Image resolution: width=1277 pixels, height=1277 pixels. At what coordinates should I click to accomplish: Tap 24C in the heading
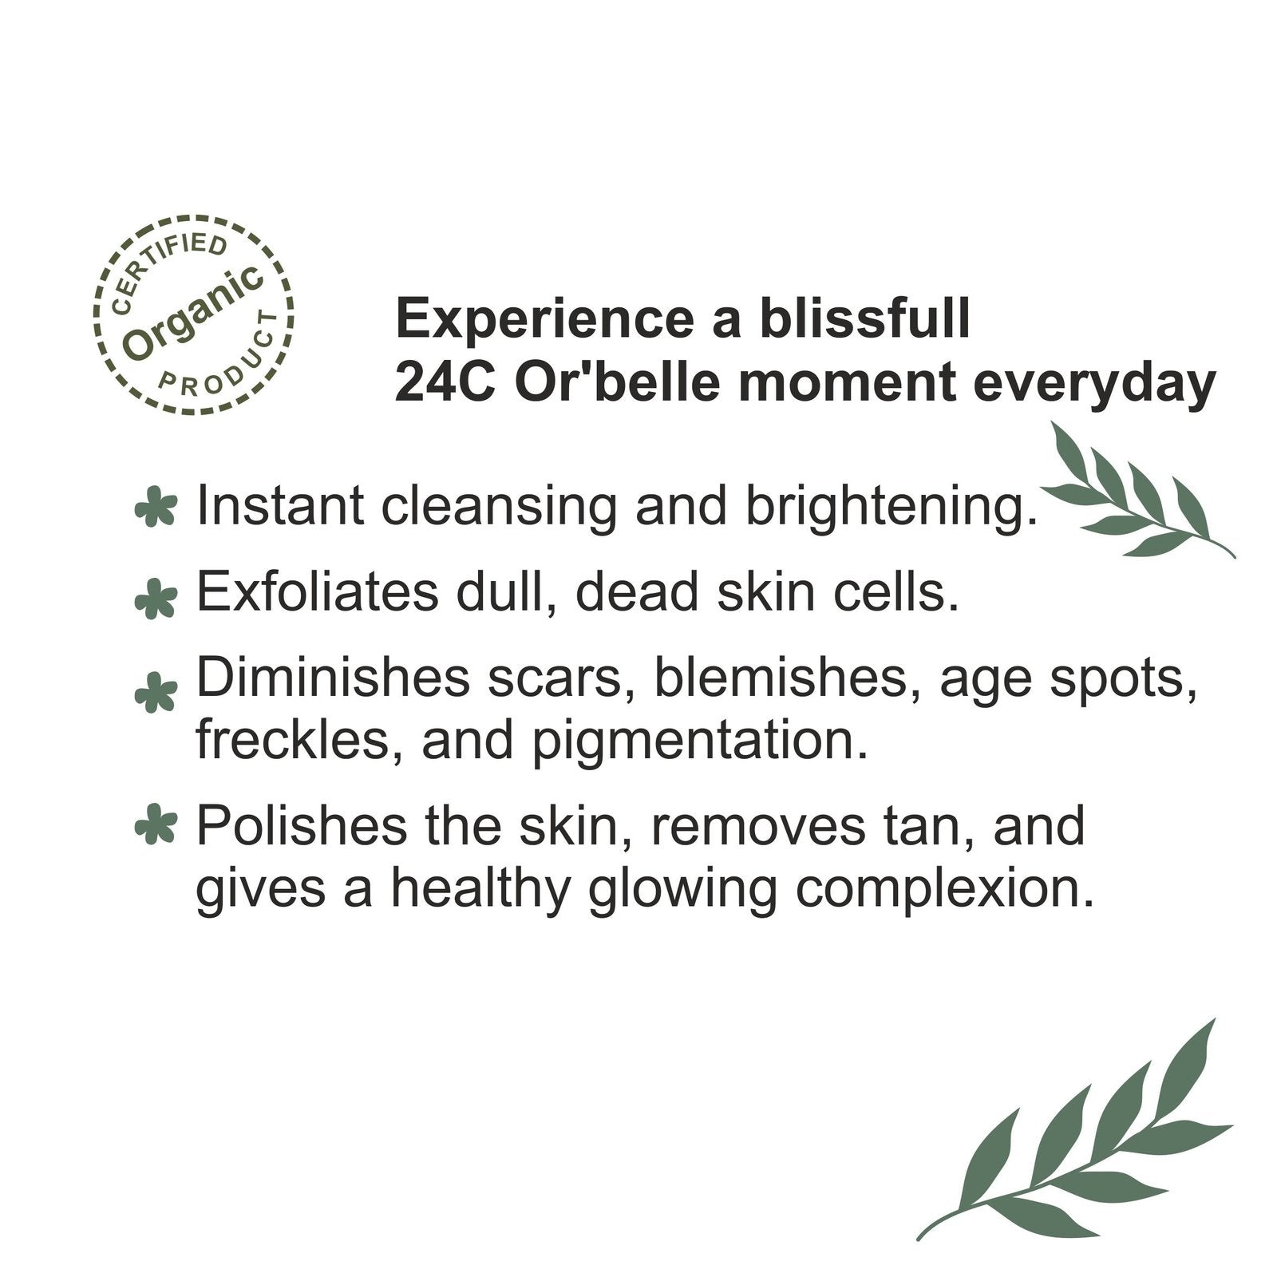point(446,383)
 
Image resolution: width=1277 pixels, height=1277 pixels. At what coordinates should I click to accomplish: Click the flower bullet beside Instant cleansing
point(156,506)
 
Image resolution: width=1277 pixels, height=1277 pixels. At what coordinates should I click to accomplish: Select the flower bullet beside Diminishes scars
point(156,691)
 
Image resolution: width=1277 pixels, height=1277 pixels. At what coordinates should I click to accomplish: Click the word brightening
point(892,507)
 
